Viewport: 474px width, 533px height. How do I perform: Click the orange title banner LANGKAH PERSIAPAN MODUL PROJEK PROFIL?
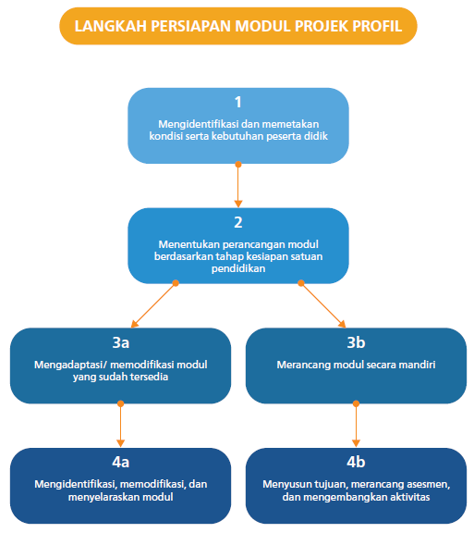pyautogui.click(x=237, y=26)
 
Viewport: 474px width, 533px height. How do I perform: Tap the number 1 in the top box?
pyautogui.click(x=237, y=102)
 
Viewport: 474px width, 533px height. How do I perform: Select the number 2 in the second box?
pyautogui.click(x=237, y=223)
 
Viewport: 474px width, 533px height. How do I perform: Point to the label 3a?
pyautogui.click(x=120, y=342)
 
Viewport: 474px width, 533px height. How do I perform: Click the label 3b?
pyautogui.click(x=356, y=342)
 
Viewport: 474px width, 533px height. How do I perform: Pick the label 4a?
pyautogui.click(x=120, y=463)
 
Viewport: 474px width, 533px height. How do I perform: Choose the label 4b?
pyautogui.click(x=356, y=463)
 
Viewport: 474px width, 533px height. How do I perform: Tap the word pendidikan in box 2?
pyautogui.click(x=237, y=267)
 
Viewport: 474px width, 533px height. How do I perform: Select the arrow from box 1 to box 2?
pyautogui.click(x=238, y=185)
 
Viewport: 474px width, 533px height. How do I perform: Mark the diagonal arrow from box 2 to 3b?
pyautogui.click(x=322, y=304)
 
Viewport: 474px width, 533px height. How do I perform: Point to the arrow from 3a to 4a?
pyautogui.click(x=120, y=426)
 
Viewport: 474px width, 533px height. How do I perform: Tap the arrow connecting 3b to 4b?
pyautogui.click(x=356, y=426)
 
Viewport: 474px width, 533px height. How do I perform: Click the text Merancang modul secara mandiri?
pyautogui.click(x=356, y=365)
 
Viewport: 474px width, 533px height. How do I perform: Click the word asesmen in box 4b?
pyautogui.click(x=414, y=484)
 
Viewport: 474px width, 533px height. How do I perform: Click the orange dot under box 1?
pyautogui.click(x=238, y=165)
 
